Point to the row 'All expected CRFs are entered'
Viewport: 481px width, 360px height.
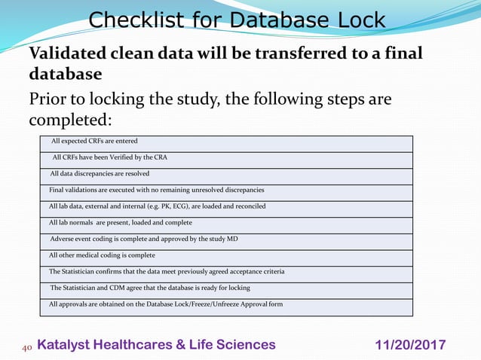point(94,141)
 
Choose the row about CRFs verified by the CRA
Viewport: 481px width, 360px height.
point(110,157)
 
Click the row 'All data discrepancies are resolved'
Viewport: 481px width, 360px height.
point(99,173)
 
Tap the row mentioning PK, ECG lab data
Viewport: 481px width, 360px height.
point(157,206)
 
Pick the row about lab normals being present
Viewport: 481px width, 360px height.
point(120,222)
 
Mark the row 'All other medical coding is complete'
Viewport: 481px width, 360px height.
point(102,255)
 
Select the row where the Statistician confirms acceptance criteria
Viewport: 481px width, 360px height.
point(166,271)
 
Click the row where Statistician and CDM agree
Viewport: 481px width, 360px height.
point(149,288)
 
